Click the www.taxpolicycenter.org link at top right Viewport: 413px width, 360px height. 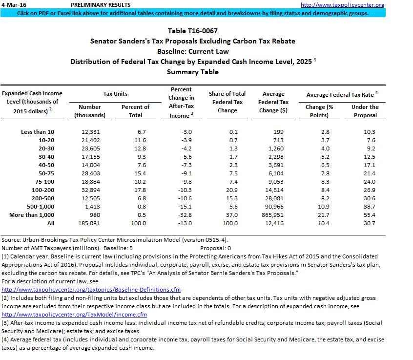click(x=349, y=5)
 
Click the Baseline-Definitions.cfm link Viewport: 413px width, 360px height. click(x=91, y=290)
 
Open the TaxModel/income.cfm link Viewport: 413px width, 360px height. click(x=74, y=315)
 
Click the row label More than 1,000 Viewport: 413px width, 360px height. click(x=32, y=214)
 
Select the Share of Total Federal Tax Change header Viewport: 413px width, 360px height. click(x=227, y=102)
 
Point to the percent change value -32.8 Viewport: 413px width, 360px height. click(x=180, y=214)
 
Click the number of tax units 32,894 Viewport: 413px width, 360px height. click(x=89, y=190)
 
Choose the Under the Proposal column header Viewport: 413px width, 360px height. click(x=365, y=111)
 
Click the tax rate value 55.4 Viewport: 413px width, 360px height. click(x=369, y=214)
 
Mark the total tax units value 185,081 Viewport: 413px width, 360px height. click(x=88, y=223)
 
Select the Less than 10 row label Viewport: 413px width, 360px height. click(x=38, y=132)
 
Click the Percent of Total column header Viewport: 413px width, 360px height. click(x=135, y=111)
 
